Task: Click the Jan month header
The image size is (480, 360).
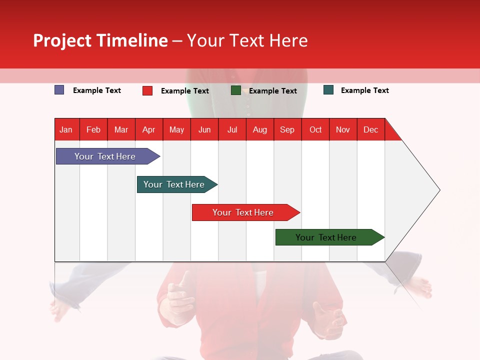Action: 66,129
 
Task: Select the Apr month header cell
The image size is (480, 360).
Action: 148,129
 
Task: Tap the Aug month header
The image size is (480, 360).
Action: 259,129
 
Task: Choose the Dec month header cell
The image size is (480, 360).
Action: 370,129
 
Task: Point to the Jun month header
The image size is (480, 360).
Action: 204,129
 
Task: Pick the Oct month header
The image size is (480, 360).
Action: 315,129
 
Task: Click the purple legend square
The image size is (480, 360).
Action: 59,90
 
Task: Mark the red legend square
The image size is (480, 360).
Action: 147,90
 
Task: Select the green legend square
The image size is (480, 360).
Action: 236,90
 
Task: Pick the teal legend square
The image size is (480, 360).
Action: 328,90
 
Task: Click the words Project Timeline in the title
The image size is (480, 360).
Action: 100,40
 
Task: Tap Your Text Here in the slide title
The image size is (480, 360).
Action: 247,40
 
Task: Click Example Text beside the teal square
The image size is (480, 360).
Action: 364,90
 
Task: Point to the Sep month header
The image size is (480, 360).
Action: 287,129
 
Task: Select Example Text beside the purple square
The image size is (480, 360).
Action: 97,90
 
